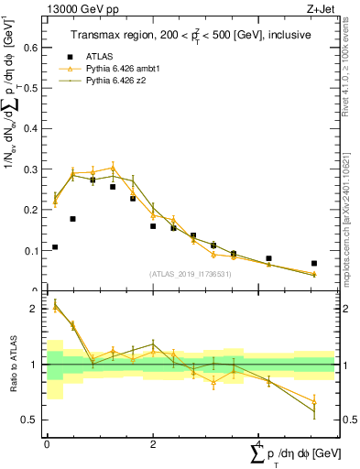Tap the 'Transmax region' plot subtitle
(x=191, y=34)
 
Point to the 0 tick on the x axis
(x=47, y=444)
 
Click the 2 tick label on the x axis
(x=152, y=444)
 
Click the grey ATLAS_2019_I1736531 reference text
(x=191, y=274)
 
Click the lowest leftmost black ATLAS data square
(x=55, y=246)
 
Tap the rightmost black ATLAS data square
(x=314, y=263)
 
